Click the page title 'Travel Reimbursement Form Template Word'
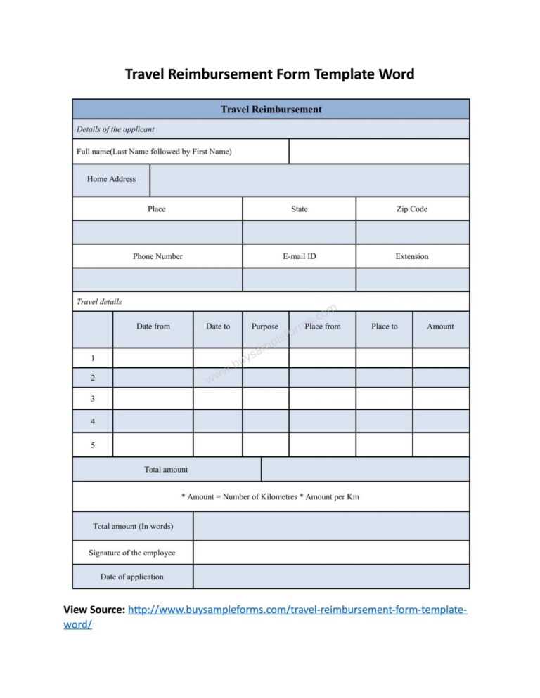pos(270,74)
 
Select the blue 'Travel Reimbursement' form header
pos(271,110)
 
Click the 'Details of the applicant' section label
pos(115,129)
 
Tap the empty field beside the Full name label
pos(379,152)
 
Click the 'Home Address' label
pos(111,179)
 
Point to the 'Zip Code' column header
pos(411,209)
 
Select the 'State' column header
pos(299,209)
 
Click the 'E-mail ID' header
pos(299,256)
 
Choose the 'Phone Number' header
pos(157,256)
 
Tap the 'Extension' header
pos(411,256)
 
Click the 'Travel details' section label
pos(99,302)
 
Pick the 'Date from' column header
pos(153,327)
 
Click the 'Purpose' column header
pos(265,327)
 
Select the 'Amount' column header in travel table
pos(440,327)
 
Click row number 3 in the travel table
pos(93,399)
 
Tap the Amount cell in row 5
pos(441,445)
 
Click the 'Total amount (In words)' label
pos(133,526)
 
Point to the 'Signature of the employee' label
pos(132,553)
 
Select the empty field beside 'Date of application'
pos(331,577)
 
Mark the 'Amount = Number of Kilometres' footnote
pos(271,497)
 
